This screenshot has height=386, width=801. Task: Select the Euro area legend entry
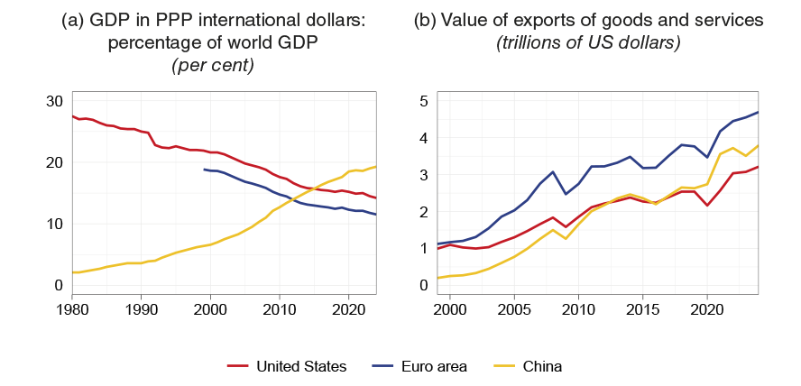click(x=437, y=365)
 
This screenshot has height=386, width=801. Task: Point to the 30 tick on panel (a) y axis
click(x=53, y=101)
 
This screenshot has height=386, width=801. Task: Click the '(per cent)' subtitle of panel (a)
click(x=210, y=65)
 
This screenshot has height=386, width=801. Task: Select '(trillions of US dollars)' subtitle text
click(x=588, y=43)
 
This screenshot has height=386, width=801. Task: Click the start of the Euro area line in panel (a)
click(x=205, y=170)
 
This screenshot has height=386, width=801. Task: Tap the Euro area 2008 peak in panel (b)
click(x=553, y=171)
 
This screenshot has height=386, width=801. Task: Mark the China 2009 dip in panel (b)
click(x=566, y=238)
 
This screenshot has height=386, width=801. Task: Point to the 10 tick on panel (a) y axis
click(x=53, y=224)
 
